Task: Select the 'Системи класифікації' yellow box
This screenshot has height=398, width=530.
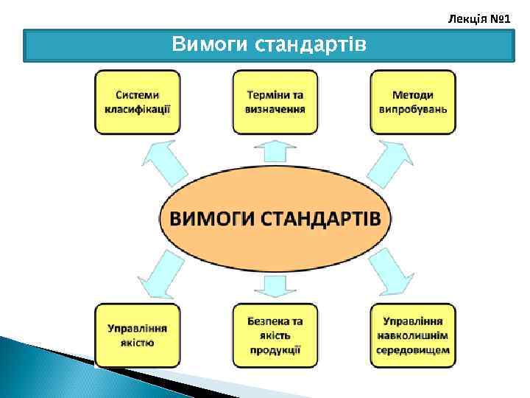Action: [x=138, y=102]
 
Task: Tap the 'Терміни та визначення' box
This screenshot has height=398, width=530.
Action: [x=275, y=102]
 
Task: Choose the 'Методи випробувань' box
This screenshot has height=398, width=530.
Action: [x=412, y=102]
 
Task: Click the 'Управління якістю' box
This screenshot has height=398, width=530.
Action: [x=138, y=335]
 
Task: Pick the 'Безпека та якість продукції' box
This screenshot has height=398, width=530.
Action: [x=275, y=335]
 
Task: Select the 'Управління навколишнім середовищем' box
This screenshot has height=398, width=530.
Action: [x=412, y=335]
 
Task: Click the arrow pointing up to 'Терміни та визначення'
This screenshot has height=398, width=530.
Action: [x=275, y=150]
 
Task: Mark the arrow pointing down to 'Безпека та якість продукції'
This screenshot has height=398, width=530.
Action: [x=275, y=284]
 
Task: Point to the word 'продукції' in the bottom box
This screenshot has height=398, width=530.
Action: [x=275, y=349]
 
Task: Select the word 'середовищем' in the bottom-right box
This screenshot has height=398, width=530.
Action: [x=412, y=349]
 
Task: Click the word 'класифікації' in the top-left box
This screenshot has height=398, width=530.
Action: [x=138, y=108]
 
